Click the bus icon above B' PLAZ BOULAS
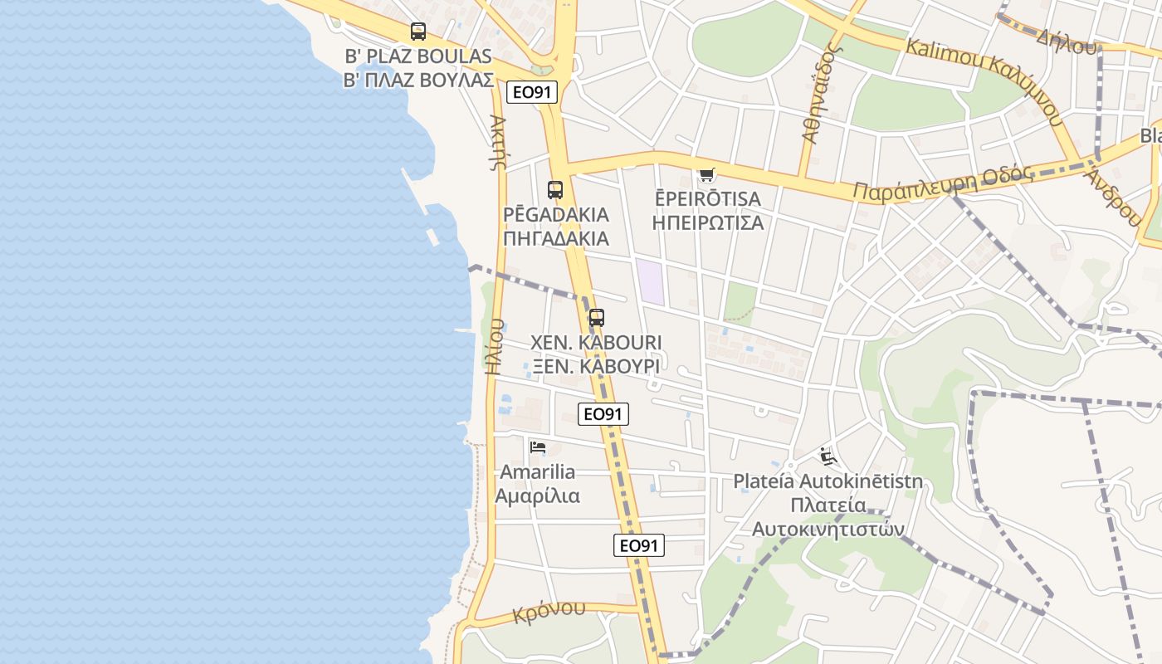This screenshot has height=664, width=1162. click(418, 32)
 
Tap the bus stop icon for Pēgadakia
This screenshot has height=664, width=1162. click(555, 190)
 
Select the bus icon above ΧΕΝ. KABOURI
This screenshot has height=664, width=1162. click(596, 318)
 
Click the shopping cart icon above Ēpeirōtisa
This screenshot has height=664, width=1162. click(706, 174)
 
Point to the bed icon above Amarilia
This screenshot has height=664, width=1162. click(538, 447)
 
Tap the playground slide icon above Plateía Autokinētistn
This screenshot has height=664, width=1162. click(828, 456)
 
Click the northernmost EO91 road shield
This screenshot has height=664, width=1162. click(532, 91)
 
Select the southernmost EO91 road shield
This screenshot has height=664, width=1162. click(639, 545)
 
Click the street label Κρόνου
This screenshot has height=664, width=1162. click(549, 610)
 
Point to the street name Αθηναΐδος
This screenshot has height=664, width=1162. click(822, 93)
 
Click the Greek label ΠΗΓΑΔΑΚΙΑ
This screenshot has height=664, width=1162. click(556, 239)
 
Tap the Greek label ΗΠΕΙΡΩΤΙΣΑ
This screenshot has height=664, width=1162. click(708, 223)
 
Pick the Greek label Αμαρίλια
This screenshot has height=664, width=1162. click(538, 496)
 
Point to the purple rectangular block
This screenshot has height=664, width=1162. click(650, 281)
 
